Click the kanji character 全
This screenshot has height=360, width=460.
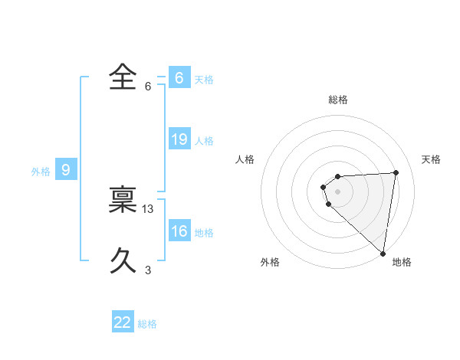(x=123, y=77)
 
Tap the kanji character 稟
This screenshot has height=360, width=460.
(x=123, y=201)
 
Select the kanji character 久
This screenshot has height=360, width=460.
(x=123, y=262)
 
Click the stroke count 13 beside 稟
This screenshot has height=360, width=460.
(x=149, y=209)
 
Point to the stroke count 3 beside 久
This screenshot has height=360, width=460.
(x=148, y=270)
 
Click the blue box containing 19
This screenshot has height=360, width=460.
(x=179, y=139)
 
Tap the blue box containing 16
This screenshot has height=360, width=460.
(x=179, y=231)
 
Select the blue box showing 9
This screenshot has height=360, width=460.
(x=65, y=170)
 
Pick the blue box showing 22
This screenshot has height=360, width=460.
(x=123, y=322)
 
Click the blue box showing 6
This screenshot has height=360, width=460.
(x=179, y=78)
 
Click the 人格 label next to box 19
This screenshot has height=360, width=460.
(x=204, y=141)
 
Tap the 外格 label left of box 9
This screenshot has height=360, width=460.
(x=41, y=172)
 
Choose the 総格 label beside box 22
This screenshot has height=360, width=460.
(x=147, y=324)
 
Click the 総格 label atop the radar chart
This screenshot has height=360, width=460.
(x=338, y=100)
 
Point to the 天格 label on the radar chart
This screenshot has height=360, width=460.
(x=431, y=159)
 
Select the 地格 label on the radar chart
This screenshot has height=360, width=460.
(x=402, y=262)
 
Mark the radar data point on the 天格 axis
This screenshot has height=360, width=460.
(x=396, y=172)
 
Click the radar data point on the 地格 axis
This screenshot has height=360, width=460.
(x=383, y=253)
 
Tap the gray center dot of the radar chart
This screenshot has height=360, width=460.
(x=338, y=191)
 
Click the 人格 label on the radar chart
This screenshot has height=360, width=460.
(x=245, y=159)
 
